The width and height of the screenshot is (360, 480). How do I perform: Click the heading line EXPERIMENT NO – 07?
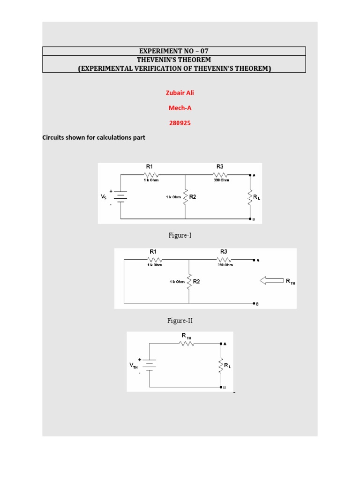[x=174, y=51]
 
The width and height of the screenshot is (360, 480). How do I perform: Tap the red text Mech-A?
[x=180, y=108]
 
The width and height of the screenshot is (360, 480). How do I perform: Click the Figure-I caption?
[x=180, y=236]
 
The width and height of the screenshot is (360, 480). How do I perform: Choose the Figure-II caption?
[x=180, y=321]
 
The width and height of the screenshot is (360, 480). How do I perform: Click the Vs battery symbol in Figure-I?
[x=121, y=196]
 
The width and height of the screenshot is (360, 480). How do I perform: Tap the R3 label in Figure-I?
[x=220, y=166]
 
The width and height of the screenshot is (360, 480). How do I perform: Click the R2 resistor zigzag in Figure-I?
[x=185, y=197]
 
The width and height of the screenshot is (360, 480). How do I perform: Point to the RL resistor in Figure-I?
[x=249, y=197]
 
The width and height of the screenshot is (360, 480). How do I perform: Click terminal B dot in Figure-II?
[x=254, y=302]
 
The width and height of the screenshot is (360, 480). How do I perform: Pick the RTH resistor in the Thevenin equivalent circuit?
[x=187, y=344]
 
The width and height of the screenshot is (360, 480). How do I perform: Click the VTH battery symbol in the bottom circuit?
[x=150, y=365]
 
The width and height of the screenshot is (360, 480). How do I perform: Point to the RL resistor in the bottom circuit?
[x=221, y=365]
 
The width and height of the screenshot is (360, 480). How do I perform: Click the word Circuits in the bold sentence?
[x=53, y=138]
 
